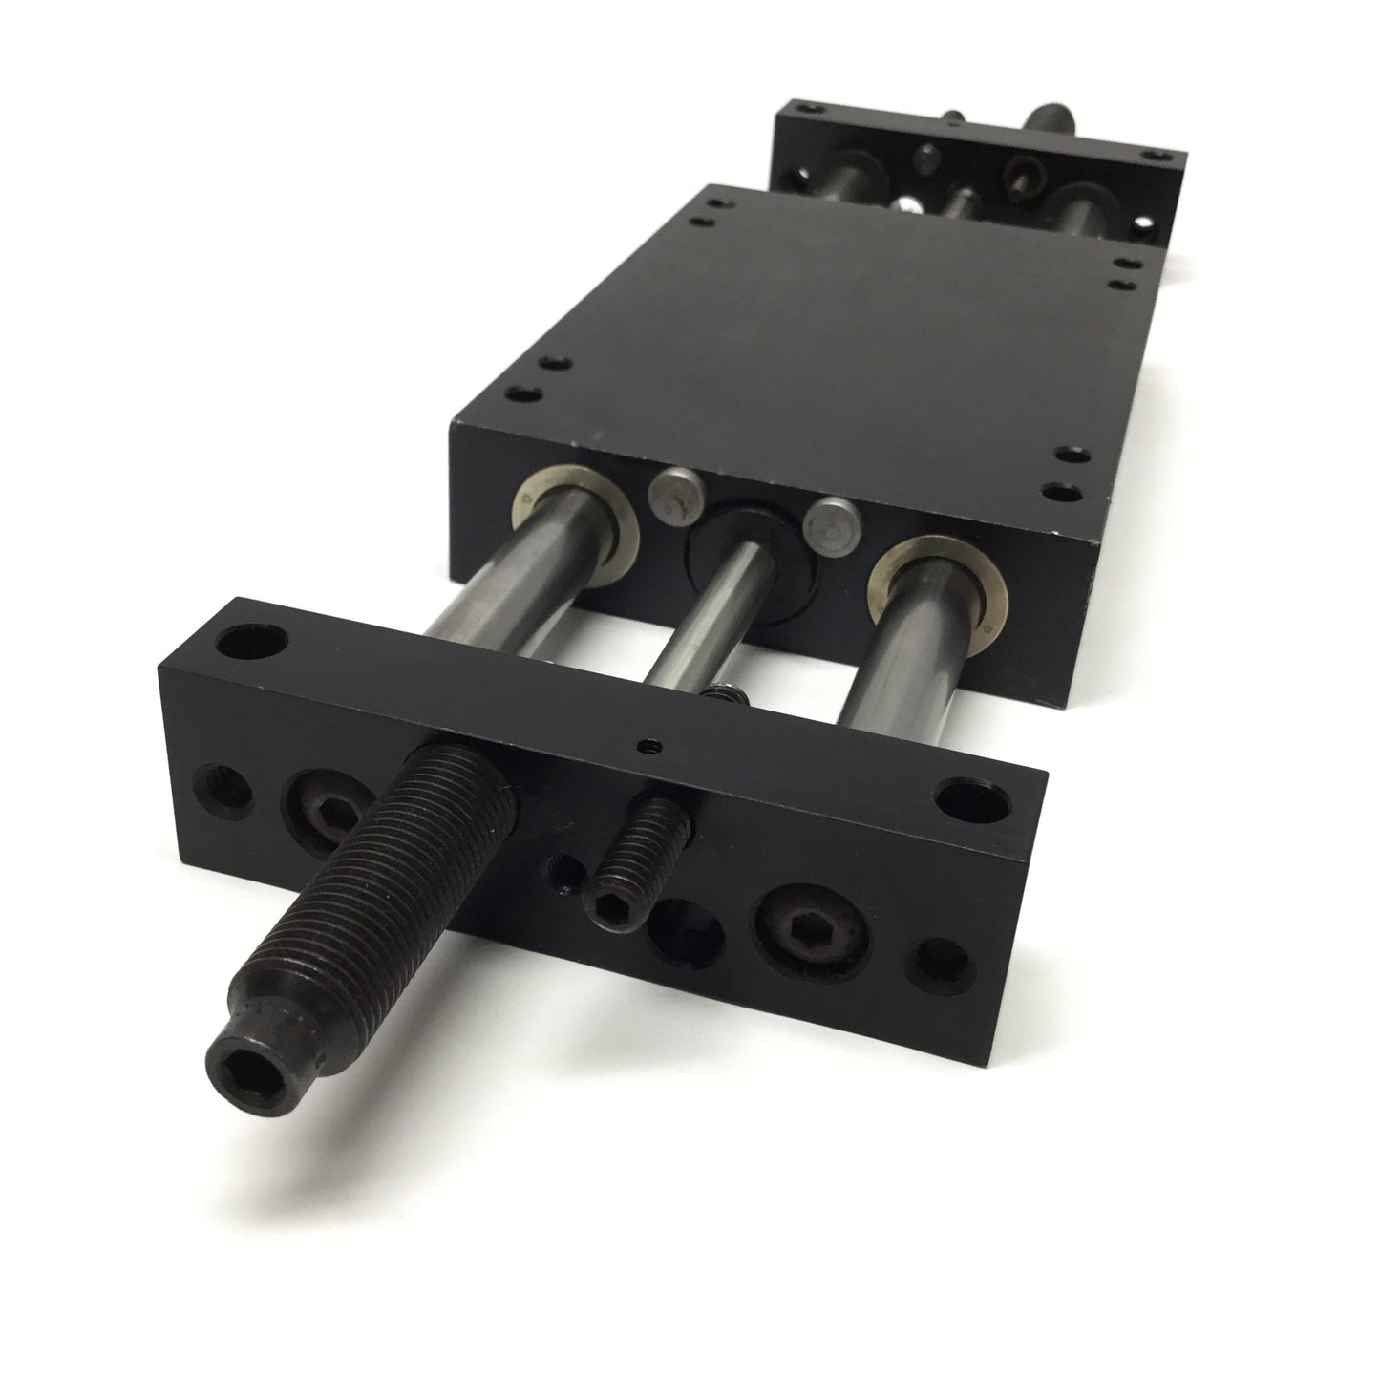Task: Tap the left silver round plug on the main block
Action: [672, 497]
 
